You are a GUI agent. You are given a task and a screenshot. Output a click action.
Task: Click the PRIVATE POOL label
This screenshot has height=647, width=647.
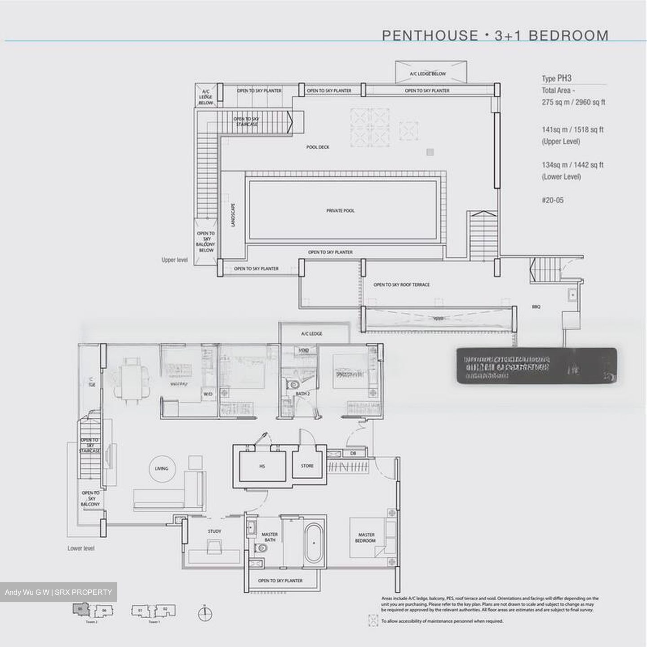coord(340,210)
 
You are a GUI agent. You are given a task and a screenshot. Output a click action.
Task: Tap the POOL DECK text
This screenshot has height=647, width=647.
coord(318,147)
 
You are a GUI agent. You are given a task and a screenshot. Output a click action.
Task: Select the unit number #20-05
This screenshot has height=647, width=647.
coord(552,200)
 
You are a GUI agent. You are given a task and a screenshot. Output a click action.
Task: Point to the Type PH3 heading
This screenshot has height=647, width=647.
coord(556,79)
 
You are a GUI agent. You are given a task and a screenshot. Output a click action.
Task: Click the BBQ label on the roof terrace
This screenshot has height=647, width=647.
coord(536,307)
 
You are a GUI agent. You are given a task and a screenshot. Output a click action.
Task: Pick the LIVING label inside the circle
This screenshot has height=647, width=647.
coord(161,468)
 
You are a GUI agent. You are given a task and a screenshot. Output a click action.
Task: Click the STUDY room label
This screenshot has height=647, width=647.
coord(214,531)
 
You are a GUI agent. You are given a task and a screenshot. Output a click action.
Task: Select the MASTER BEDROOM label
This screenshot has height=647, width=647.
coord(366,537)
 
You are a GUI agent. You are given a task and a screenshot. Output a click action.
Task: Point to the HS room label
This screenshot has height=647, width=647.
coord(262,466)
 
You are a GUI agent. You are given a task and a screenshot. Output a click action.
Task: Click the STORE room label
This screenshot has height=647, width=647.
coord(307,466)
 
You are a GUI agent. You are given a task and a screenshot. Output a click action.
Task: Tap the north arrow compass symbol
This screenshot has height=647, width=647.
coord(205,613)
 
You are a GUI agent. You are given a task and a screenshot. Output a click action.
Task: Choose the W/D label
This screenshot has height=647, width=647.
coord(208,394)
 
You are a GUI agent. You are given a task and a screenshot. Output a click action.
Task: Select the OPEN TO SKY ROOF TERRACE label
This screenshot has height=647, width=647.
coord(401,285)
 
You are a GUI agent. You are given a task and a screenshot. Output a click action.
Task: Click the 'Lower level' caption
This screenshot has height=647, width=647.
coord(81,548)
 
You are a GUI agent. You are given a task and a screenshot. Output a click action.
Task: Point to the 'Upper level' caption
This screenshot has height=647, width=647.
coord(174,260)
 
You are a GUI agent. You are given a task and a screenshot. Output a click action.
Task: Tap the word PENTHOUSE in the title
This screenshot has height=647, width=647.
coord(430,35)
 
